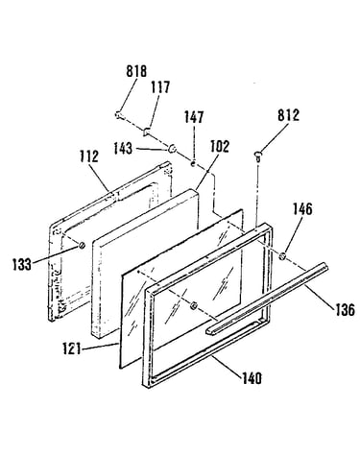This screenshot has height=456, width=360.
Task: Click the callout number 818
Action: (x=136, y=71)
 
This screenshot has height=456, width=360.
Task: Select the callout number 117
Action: (x=160, y=87)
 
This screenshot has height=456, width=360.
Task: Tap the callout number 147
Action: (x=194, y=117)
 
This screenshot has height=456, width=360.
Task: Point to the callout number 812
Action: (x=288, y=115)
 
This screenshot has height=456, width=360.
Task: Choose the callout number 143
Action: (x=123, y=149)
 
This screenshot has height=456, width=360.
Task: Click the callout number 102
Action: (x=220, y=146)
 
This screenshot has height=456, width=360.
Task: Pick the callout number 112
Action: (x=89, y=156)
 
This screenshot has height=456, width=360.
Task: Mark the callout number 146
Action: (x=302, y=209)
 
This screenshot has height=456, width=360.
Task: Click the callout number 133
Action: (x=22, y=265)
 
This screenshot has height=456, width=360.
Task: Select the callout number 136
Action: (x=345, y=310)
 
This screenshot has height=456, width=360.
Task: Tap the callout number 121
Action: (x=72, y=348)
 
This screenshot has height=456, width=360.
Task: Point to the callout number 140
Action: (x=252, y=378)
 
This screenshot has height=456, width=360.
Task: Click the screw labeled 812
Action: (x=258, y=156)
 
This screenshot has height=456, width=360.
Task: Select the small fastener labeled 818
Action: (x=119, y=114)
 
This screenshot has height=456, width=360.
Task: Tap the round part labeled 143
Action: (x=173, y=148)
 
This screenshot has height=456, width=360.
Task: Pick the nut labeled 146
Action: (x=282, y=256)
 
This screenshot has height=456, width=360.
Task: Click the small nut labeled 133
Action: (x=82, y=245)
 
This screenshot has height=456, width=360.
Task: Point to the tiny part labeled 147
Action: (x=193, y=163)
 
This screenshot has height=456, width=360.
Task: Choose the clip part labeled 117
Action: (x=147, y=131)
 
